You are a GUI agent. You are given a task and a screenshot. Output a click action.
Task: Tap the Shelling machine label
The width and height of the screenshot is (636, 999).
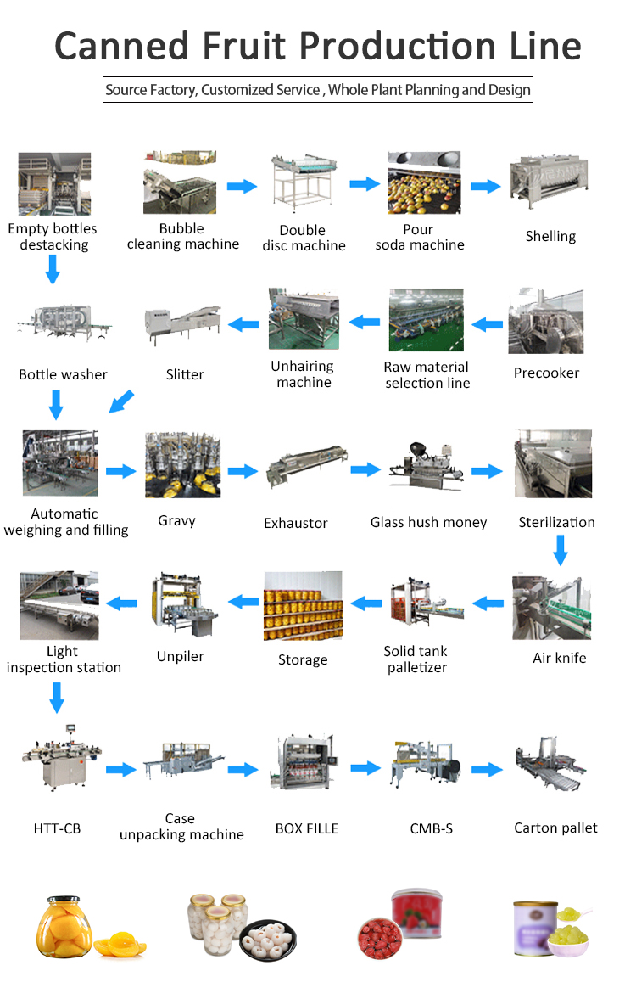click(x=550, y=236)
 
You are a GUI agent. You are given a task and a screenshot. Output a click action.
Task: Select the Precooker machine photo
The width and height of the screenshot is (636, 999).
click(x=546, y=322)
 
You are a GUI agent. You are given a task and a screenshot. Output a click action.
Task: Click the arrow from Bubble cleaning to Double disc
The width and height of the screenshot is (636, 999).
click(x=242, y=186)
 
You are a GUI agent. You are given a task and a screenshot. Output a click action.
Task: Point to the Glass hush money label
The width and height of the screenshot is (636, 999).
click(x=428, y=522)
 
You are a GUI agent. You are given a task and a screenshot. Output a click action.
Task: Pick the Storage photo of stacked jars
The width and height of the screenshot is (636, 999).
click(x=303, y=605)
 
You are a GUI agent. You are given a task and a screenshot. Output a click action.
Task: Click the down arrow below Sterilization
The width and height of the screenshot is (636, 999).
click(x=560, y=553)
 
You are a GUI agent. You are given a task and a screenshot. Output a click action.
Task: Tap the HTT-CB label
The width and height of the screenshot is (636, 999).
click(x=56, y=828)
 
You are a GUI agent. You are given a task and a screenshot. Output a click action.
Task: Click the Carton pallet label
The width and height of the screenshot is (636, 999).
click(x=555, y=828)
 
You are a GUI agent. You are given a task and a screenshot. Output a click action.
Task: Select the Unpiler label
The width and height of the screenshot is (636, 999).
click(x=181, y=656)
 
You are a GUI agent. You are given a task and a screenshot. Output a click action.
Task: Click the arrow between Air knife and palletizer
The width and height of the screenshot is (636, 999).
click(x=488, y=603)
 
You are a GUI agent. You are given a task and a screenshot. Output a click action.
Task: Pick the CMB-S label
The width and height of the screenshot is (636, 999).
click(x=431, y=828)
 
